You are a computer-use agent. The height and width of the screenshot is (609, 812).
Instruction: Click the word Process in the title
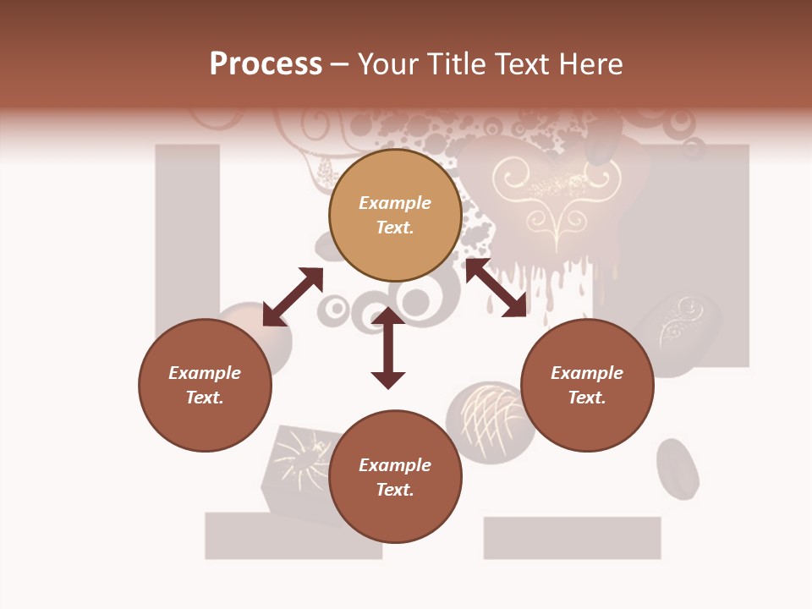(x=266, y=64)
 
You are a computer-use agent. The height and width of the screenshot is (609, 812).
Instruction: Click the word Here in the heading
(x=589, y=64)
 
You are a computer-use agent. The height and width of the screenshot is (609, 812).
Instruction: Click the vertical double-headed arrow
(x=388, y=348)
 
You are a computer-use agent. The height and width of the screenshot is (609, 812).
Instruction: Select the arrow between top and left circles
(x=293, y=297)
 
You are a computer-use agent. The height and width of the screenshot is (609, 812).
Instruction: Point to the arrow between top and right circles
(x=497, y=288)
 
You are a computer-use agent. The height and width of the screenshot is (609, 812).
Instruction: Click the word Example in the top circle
(x=395, y=203)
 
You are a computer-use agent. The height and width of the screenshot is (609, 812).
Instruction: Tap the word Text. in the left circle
(x=205, y=398)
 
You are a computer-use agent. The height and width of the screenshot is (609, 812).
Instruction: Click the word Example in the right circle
(x=587, y=373)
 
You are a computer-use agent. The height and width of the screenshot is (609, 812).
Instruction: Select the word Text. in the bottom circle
(x=395, y=490)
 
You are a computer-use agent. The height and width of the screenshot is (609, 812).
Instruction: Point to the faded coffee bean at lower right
(x=678, y=469)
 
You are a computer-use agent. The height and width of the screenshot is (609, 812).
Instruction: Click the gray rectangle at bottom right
(x=572, y=538)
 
